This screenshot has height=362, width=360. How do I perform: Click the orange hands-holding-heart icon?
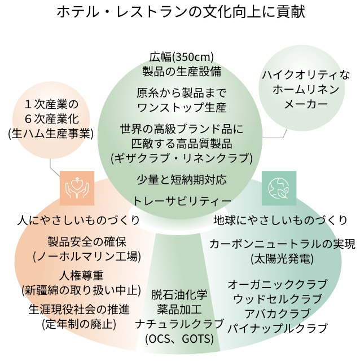coord(77,188)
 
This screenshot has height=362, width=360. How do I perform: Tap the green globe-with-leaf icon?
coord(279,188)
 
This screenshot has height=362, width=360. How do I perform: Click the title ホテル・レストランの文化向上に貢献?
coord(181,12)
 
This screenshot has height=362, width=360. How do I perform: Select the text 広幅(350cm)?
coord(181,57)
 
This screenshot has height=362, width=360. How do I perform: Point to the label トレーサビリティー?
coord(181,201)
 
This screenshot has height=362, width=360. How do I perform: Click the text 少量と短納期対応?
coord(182,180)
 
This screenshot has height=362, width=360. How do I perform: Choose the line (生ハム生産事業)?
coord(51,134)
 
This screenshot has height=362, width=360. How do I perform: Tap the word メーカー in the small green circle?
coord(306,104)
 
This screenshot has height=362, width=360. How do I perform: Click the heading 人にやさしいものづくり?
coord(78,220)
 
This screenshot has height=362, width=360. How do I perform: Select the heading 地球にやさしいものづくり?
coord(280,220)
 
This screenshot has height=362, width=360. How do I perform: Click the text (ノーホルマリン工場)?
coord(87,257)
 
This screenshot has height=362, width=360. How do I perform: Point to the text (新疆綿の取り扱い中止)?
coord(81,290)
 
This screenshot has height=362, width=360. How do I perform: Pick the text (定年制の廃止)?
coord(79,324)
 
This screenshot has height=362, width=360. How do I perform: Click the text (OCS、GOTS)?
coord(179,339)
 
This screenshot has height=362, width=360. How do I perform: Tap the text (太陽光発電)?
coord(282,259)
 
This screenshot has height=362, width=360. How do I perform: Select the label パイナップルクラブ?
coord(278,328)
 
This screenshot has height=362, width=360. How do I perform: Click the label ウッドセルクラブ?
coord(278,299)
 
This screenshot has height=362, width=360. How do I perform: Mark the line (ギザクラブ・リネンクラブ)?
coord(182,158)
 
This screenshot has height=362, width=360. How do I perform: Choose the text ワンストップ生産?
coord(182,107)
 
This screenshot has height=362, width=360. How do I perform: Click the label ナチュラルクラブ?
coord(179,324)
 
